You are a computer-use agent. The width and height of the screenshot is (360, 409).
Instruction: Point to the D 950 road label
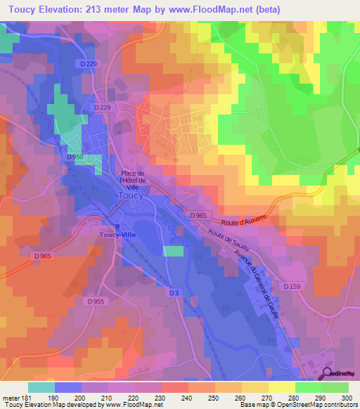(75, 157)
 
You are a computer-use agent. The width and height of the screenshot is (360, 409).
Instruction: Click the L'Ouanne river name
(177, 233)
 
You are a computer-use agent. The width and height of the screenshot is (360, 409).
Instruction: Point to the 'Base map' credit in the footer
(254, 405)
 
